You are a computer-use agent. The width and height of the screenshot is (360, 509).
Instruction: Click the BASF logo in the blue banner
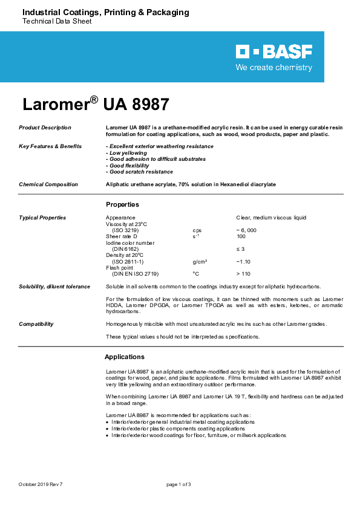tap(274, 52)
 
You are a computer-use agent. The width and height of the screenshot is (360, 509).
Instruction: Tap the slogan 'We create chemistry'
tap(274, 68)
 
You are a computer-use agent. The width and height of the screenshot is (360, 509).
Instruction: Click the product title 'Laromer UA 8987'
tap(96, 103)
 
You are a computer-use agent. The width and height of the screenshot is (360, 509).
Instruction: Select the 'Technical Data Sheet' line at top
tap(57, 21)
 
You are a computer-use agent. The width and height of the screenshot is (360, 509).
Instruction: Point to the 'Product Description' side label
tap(45, 128)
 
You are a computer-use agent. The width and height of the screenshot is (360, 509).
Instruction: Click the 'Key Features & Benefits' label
tap(50, 146)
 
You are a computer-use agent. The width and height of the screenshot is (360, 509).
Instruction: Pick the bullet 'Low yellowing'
tap(127, 153)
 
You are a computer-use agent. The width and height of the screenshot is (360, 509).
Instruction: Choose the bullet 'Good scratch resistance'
tap(139, 172)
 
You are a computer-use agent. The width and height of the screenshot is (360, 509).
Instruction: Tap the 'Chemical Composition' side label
tap(48, 184)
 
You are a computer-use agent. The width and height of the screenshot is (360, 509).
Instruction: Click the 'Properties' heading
tap(122, 204)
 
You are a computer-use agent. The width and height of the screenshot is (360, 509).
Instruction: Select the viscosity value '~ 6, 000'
tap(246, 230)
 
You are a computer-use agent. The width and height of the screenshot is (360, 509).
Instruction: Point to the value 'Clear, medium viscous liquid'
tap(271, 217)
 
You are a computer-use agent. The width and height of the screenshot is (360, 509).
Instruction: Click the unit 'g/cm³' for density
tap(200, 261)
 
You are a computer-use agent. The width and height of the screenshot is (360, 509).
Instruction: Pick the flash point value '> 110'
tap(243, 274)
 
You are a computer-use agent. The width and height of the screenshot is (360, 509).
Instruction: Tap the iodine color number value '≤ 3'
tap(240, 248)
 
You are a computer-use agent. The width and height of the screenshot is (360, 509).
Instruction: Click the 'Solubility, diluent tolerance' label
tap(54, 287)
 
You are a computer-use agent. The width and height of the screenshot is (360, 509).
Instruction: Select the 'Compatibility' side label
tap(36, 324)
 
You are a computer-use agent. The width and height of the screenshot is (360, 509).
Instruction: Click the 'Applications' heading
tap(125, 357)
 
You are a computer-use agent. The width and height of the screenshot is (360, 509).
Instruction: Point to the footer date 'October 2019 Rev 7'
tap(41, 484)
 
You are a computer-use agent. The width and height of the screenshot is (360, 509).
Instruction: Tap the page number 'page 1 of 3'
tap(178, 484)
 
